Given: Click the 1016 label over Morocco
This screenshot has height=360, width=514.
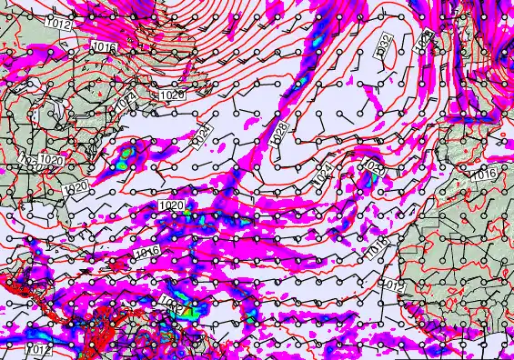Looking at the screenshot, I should pos(485,174).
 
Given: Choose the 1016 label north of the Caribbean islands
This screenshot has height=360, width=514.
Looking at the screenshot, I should pos(147,251).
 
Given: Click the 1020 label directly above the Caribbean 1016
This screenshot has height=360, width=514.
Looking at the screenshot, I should pos(169,206).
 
